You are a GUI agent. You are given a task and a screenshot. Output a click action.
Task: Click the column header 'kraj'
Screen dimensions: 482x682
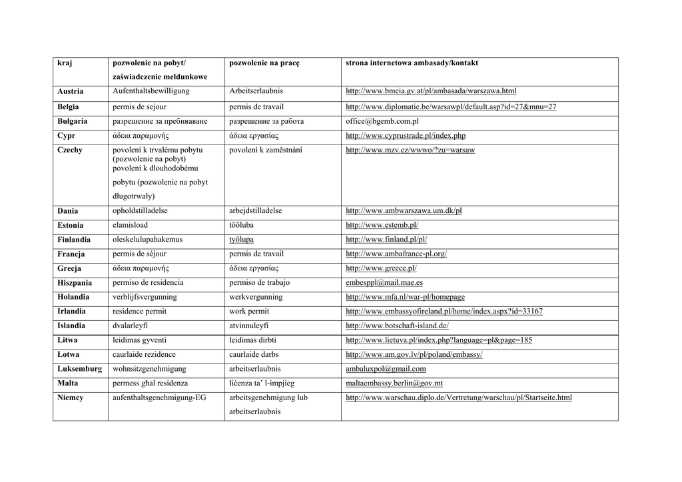click(x=65, y=63)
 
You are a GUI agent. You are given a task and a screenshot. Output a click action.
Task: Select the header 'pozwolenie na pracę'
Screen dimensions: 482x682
click(x=264, y=63)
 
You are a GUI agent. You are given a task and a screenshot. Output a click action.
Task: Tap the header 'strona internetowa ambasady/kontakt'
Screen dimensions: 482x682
click(x=412, y=63)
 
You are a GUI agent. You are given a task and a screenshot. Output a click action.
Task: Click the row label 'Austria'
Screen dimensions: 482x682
click(x=71, y=91)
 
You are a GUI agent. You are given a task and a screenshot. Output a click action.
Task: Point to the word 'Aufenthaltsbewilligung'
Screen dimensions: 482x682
click(x=151, y=91)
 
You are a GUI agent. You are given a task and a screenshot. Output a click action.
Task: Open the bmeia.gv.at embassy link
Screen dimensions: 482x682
click(x=431, y=91)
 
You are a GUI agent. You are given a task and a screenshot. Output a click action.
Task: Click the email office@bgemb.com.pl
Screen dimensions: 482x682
click(x=382, y=121)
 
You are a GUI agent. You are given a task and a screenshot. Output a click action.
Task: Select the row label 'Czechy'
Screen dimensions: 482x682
click(x=70, y=150)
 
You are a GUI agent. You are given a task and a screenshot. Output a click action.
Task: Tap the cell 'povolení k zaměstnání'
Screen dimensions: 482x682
click(x=266, y=150)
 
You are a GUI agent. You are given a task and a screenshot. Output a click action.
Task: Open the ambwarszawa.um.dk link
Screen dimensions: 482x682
click(x=404, y=211)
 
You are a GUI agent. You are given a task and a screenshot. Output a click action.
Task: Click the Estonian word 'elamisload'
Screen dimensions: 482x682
click(x=131, y=226)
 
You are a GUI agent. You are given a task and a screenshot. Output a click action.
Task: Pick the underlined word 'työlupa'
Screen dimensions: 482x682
click(x=241, y=240)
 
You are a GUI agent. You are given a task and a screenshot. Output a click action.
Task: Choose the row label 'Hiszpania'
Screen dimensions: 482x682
click(x=75, y=283)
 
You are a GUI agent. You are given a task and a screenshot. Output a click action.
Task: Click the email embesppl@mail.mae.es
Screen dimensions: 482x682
click(x=384, y=283)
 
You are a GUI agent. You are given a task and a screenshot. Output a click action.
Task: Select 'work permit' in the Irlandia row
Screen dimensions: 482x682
click(x=249, y=312)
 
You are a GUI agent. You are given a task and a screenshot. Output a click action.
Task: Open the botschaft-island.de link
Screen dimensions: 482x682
click(x=397, y=326)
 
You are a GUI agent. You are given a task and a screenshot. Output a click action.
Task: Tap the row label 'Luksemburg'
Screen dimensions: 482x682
click(x=80, y=369)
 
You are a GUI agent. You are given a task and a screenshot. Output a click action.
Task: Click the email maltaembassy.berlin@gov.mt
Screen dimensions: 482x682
click(x=394, y=383)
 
